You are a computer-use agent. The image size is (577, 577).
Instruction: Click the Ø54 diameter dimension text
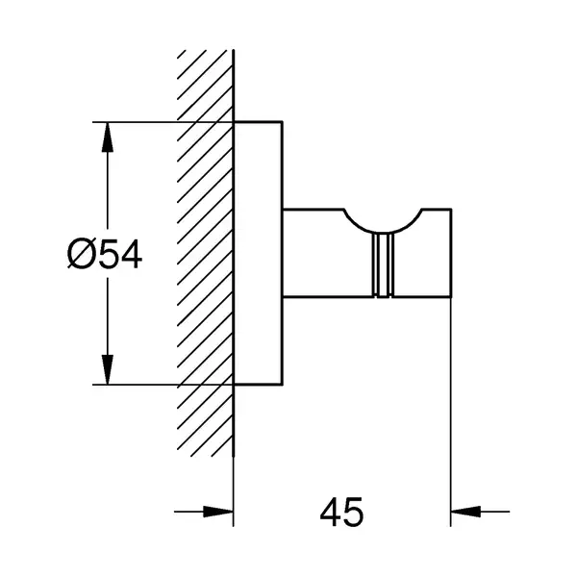tap(105, 254)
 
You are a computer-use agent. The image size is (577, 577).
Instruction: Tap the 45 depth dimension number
tap(341, 512)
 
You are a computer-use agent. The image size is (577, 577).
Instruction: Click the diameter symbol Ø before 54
tap(82, 254)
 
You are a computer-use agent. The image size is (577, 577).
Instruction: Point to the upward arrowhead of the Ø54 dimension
tap(107, 137)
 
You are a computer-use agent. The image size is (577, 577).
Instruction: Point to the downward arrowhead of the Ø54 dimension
tap(107, 370)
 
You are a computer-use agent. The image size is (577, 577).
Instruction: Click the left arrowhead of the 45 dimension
tap(218, 512)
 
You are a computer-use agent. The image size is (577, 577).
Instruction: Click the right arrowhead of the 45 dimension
tap(465, 512)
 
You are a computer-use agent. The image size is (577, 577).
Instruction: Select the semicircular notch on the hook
tap(383, 231)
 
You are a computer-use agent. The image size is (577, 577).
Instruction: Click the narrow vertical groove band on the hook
tap(383, 265)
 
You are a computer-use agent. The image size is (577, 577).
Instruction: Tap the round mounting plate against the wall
tap(259, 253)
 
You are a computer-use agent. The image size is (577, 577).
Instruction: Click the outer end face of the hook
tap(451, 253)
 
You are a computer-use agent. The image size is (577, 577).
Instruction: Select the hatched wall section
tap(205, 253)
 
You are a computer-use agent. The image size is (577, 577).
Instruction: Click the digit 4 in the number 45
tap(330, 512)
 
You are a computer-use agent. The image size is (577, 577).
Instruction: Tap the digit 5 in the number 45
tap(354, 512)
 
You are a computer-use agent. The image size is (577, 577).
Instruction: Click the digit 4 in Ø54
tap(132, 254)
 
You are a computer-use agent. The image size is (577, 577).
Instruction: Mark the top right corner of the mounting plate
tap(283, 121)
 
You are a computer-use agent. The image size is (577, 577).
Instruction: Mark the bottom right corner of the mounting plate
tap(283, 385)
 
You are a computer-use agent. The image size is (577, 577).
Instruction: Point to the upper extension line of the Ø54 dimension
tap(163, 122)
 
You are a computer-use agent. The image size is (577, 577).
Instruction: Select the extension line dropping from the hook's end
tap(451, 413)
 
